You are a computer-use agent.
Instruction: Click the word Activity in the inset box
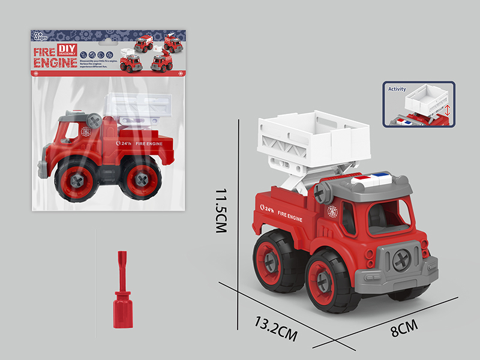[397, 89]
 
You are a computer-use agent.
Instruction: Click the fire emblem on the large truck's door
[332, 211]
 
